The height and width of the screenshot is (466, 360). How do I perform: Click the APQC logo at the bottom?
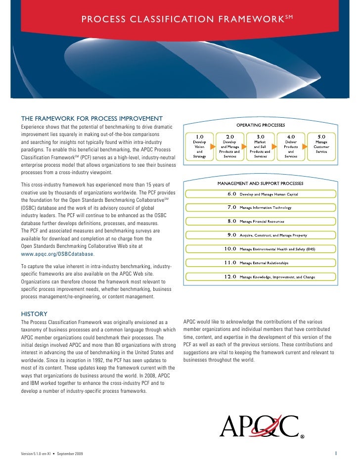[259, 426]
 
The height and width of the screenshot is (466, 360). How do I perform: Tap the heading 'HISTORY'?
[34, 314]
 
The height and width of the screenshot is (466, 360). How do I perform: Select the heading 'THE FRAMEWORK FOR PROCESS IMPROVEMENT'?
[92, 119]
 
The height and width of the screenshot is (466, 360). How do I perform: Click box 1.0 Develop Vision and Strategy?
[199, 146]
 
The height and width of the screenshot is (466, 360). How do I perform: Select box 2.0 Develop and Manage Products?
[230, 146]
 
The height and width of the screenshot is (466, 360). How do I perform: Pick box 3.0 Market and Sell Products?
[260, 146]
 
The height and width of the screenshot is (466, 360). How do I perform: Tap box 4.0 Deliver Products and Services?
[291, 146]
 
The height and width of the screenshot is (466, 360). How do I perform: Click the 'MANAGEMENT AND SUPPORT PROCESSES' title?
[260, 183]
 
